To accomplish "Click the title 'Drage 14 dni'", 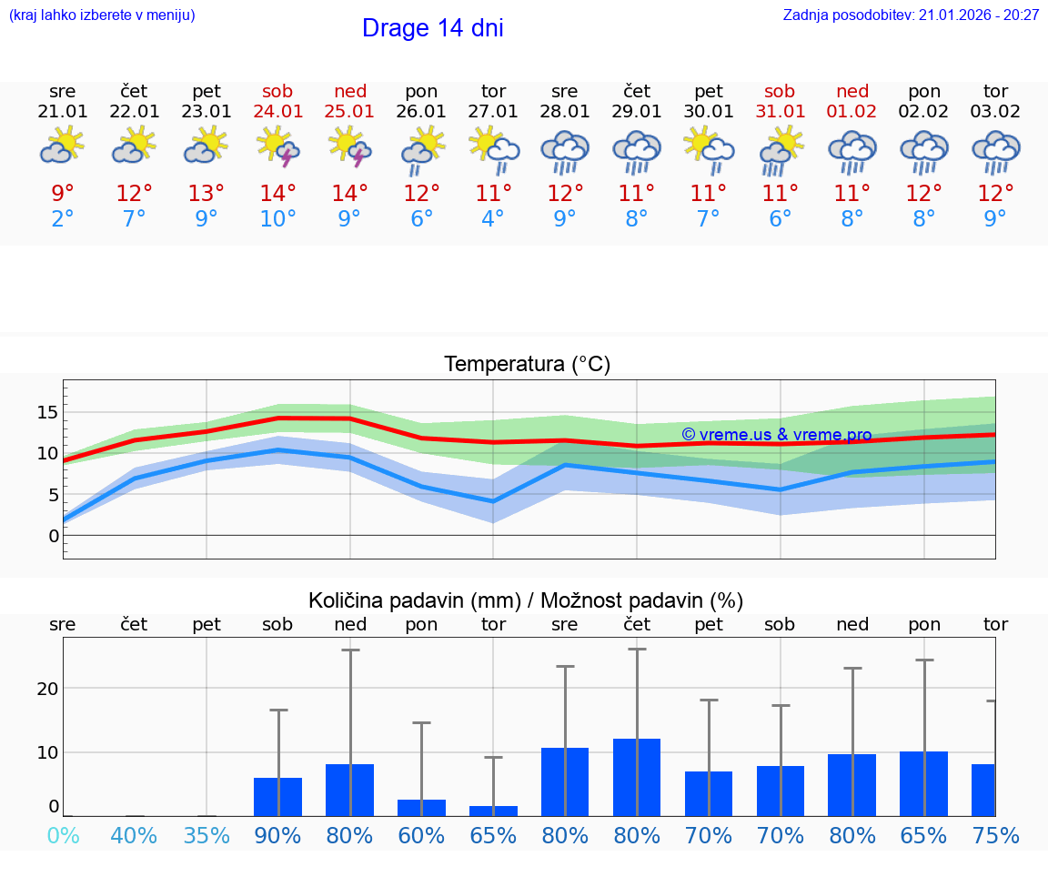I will tap(432, 28).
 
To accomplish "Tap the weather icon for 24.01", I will tap(277, 146).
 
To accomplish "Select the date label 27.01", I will tap(493, 111).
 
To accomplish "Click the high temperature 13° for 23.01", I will tap(207, 194).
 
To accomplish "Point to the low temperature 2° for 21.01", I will tap(63, 219).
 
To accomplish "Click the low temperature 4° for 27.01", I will tap(493, 219).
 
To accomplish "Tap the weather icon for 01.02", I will tap(852, 151).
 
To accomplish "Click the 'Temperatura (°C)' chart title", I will tap(527, 365).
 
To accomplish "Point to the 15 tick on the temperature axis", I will tap(47, 412).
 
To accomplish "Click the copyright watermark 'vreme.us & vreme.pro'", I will tap(776, 435).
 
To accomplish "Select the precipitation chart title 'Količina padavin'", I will tap(526, 600).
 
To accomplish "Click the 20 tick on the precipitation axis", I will tap(47, 689).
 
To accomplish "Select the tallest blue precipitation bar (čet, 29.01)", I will tap(637, 777).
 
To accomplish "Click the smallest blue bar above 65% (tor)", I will tap(493, 811).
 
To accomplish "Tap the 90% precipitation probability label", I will tap(277, 835).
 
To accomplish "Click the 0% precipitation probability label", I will tap(63, 835).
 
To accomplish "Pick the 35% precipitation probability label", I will tap(207, 835).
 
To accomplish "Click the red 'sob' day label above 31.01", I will tap(780, 91).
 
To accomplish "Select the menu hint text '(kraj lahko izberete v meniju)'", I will tap(102, 15).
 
